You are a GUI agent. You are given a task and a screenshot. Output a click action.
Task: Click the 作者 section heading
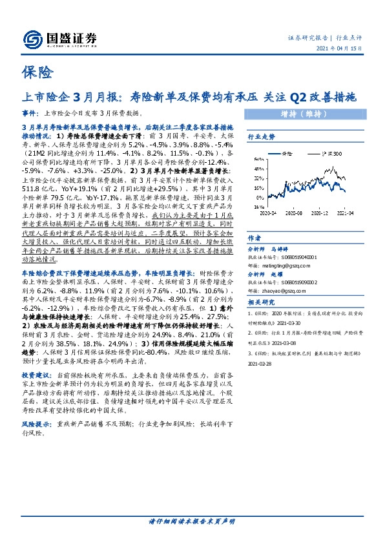coord(255,238)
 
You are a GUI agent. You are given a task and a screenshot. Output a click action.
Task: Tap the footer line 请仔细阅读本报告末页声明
coord(192,521)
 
